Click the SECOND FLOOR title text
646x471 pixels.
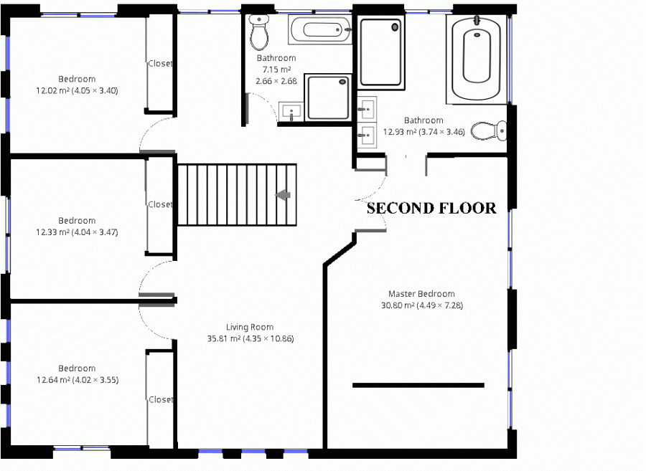tap(431, 208)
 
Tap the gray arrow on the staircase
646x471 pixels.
tap(283, 194)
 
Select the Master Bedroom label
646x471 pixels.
tap(421, 294)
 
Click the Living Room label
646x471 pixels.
tap(250, 327)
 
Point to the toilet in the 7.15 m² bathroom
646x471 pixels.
tap(259, 32)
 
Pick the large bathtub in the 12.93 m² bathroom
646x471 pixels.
tap(477, 59)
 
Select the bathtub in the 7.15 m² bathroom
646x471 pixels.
tap(320, 29)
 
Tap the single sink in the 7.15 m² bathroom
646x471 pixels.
tap(291, 112)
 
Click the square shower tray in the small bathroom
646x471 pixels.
tap(328, 97)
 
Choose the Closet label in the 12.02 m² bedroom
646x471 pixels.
tap(160, 63)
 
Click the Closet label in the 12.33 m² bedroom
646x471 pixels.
tap(160, 204)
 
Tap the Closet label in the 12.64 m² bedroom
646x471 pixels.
tap(161, 399)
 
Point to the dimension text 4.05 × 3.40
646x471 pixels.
tap(95, 90)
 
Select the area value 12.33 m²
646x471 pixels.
tap(52, 232)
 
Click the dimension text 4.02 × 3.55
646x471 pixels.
tap(95, 380)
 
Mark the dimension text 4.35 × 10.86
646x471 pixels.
tap(268, 338)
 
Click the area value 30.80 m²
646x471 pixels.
tap(398, 305)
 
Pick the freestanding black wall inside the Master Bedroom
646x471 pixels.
tap(418, 386)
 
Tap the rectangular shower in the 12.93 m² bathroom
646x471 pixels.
tap(380, 52)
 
